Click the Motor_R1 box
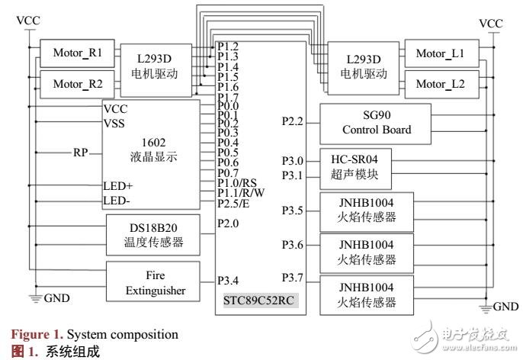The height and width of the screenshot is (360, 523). tap(78, 53)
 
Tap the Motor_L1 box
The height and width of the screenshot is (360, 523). tap(441, 53)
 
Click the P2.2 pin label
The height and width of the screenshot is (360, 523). tap(293, 121)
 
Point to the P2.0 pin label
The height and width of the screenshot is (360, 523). tap(228, 223)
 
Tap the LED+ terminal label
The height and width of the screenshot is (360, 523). tap(118, 186)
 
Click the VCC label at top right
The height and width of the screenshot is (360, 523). tap(491, 23)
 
